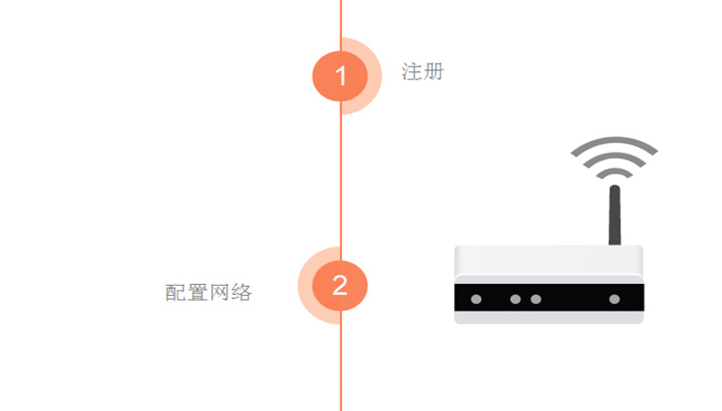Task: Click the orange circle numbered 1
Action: [x=340, y=76]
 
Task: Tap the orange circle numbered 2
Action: [x=340, y=285]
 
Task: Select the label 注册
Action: [x=423, y=72]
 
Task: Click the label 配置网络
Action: [x=208, y=292]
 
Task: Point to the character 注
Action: [x=411, y=72]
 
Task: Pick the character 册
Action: [x=433, y=72]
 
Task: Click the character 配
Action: [x=175, y=292]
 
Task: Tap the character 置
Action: [x=197, y=292]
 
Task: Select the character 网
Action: [x=219, y=292]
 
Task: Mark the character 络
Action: [x=242, y=292]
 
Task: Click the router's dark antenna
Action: [x=615, y=215]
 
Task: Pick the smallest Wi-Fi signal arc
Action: [x=614, y=174]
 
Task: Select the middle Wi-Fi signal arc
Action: [x=614, y=160]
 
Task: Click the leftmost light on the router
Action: [x=476, y=300]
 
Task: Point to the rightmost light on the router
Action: [x=614, y=300]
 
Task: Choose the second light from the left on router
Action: [x=515, y=300]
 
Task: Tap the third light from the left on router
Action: [x=536, y=300]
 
